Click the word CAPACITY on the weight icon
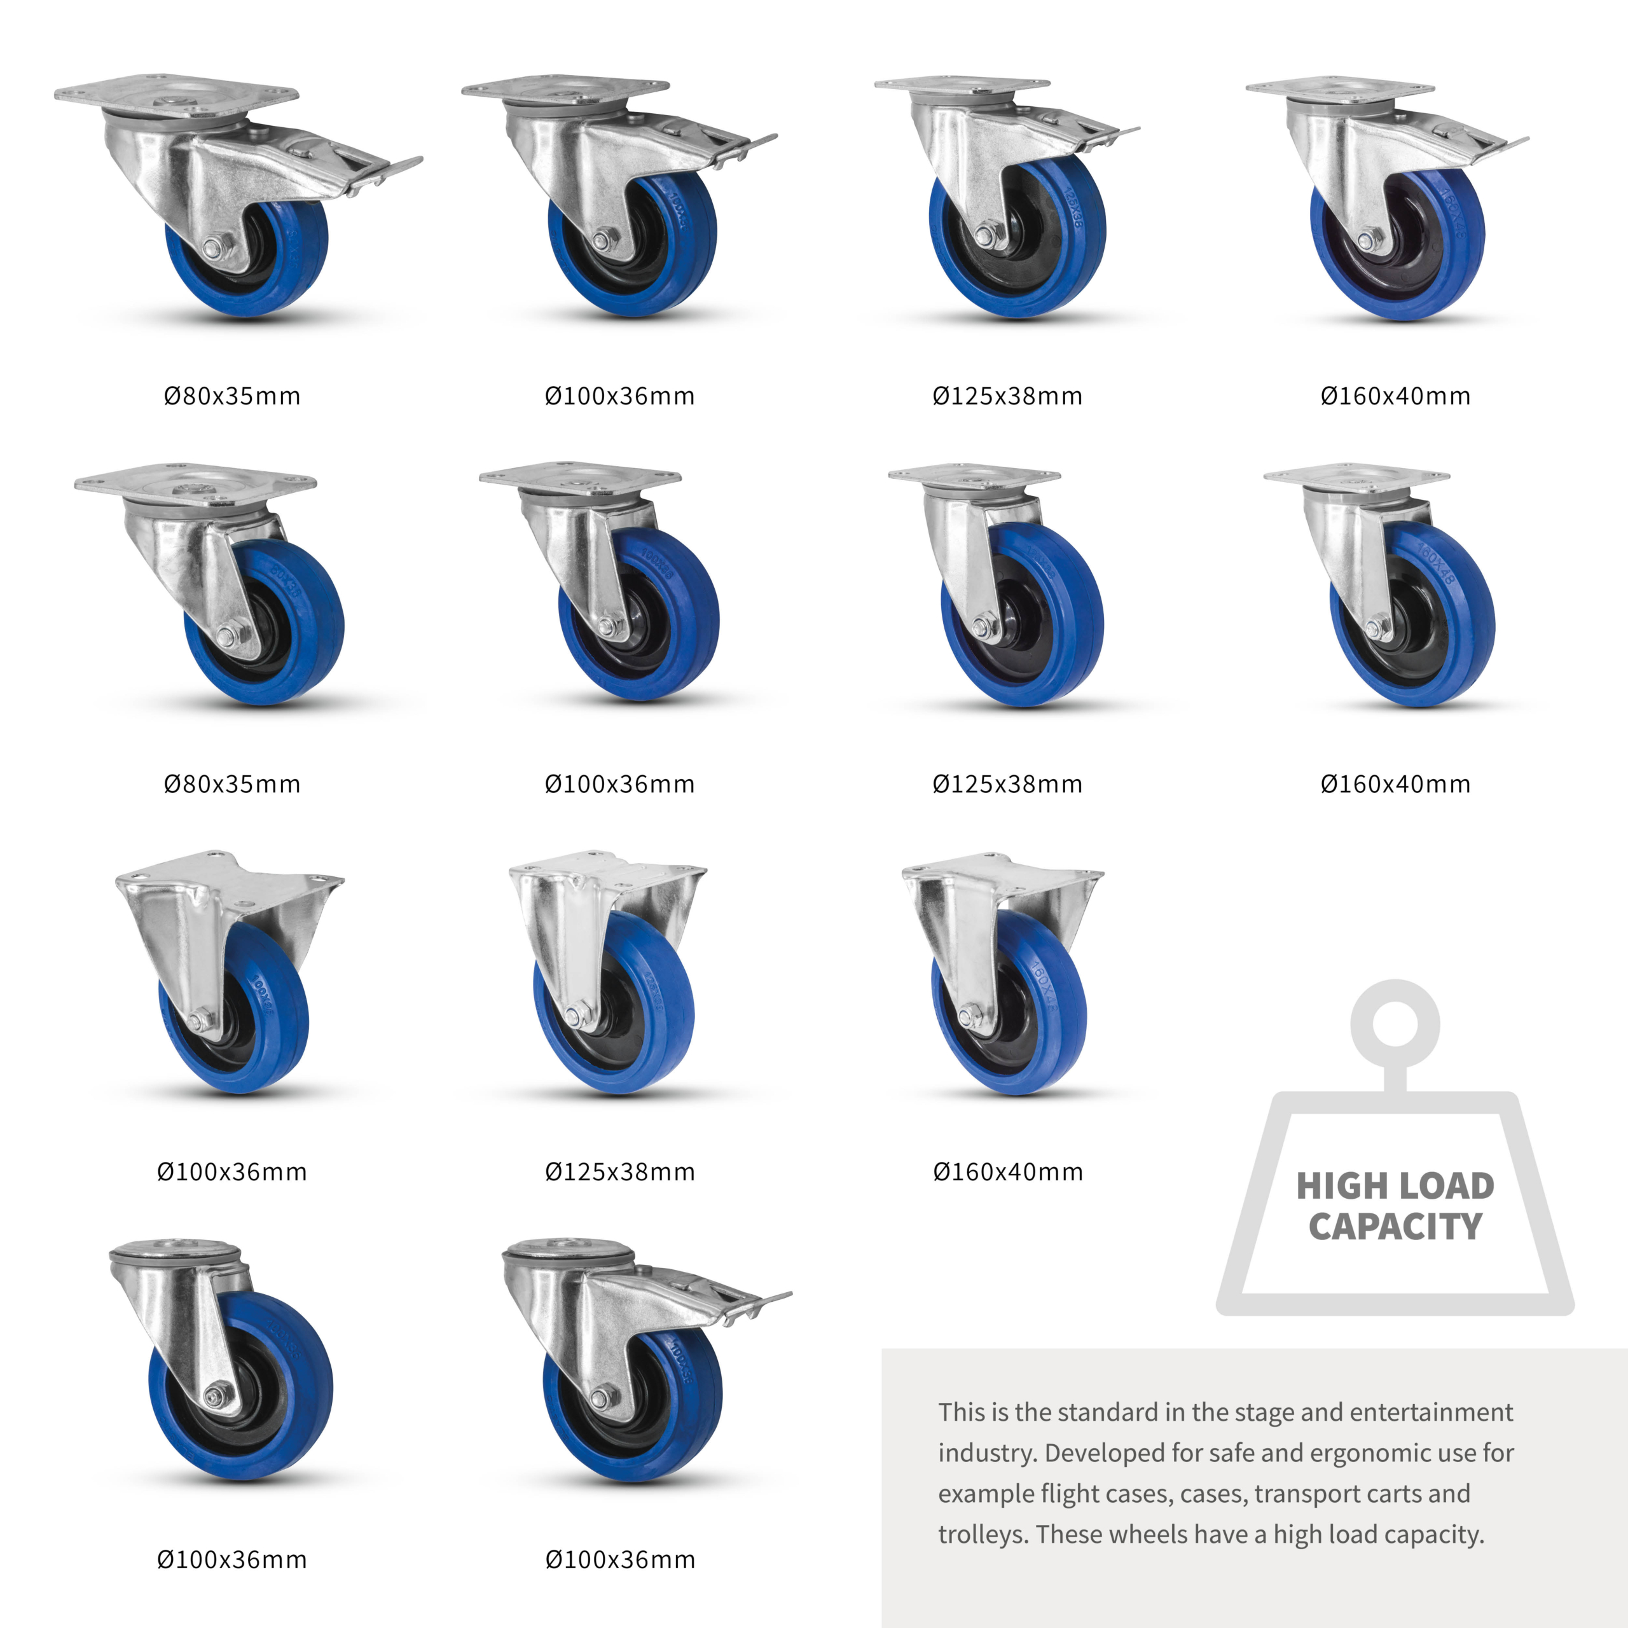1395,1227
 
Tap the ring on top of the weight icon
1395,1024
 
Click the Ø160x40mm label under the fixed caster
1008,1172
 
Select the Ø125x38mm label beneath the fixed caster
620,1172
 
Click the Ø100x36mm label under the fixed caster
231,1172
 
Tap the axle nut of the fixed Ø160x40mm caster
970,1014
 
